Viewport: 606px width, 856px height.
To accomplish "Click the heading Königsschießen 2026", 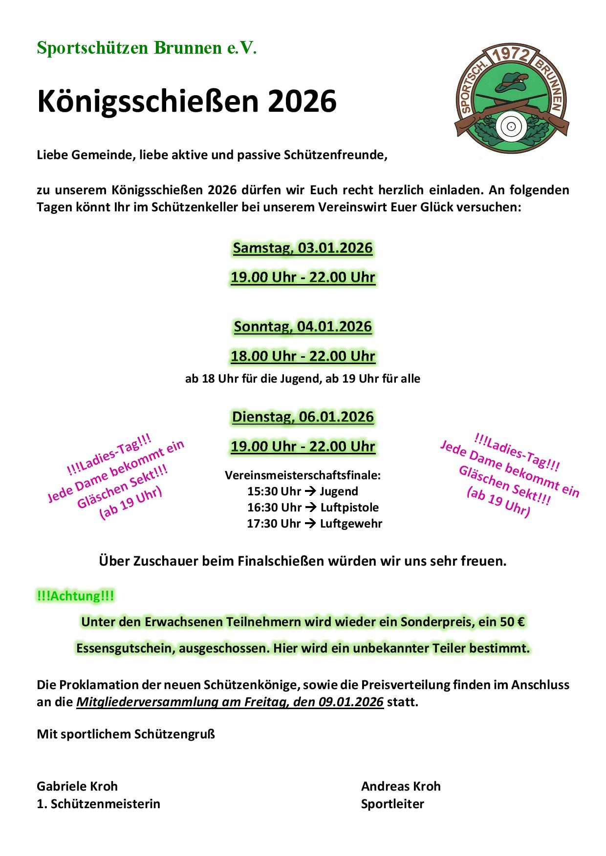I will [187, 102].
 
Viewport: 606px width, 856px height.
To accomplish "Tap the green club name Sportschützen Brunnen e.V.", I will [147, 48].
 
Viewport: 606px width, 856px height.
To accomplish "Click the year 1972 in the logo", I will [510, 56].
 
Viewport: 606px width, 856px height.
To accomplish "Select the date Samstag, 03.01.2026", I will [303, 248].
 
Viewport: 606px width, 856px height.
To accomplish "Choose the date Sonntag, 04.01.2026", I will [303, 326].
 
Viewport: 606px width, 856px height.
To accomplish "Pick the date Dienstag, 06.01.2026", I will [303, 417].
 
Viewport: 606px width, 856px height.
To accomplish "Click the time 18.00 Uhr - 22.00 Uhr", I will [303, 356].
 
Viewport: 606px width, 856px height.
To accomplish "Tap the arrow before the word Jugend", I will [310, 491].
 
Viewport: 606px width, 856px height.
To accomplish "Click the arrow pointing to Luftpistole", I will [311, 508].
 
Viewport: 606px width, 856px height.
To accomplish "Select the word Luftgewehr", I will [351, 524].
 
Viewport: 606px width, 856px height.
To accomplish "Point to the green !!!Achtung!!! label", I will [76, 596].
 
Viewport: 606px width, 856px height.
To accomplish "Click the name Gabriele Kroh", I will [77, 786].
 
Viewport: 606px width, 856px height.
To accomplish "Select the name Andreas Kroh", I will [401, 786].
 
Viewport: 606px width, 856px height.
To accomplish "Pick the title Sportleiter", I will [392, 804].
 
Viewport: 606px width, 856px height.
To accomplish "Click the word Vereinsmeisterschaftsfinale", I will [303, 475].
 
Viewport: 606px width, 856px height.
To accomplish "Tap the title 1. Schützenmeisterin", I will [98, 804].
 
